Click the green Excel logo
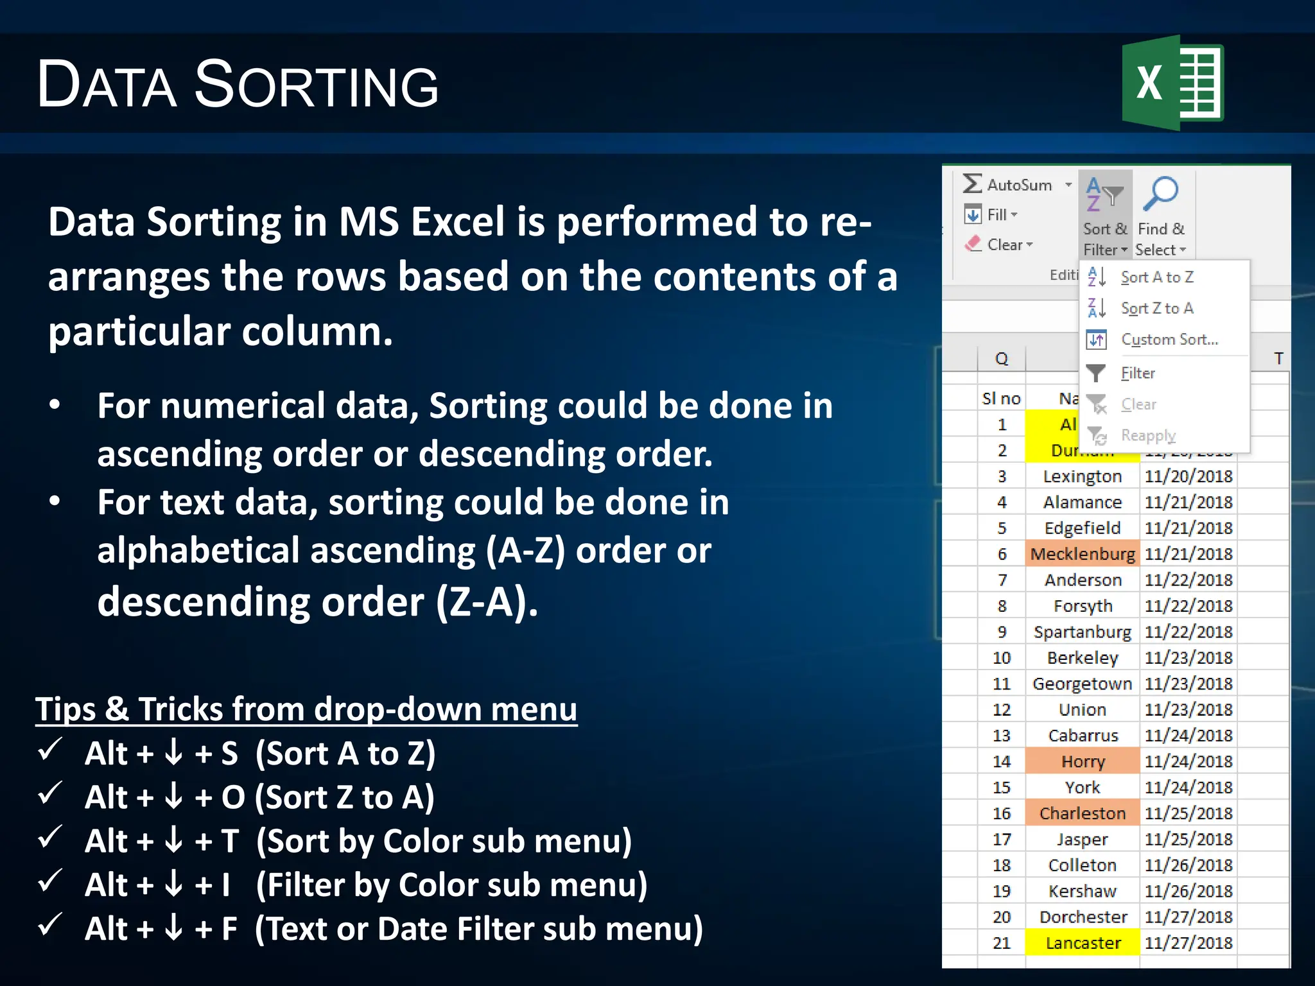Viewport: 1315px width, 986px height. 1172,83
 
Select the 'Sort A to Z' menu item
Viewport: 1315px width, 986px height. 1156,277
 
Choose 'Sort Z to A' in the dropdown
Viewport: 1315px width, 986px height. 1156,308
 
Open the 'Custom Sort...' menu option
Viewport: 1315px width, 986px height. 1169,340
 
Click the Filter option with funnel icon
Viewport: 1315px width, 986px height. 1136,373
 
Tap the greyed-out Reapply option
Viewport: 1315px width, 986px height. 1147,435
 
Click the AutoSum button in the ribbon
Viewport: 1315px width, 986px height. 1018,185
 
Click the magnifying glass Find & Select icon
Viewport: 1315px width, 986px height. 1161,193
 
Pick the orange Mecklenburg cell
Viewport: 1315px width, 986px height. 1083,554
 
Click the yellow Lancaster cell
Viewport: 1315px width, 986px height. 1083,943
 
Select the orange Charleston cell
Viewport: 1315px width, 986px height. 1083,813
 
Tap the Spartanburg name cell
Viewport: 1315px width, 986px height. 1083,632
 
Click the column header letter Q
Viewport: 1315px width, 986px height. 1002,358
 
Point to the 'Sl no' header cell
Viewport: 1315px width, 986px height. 1001,399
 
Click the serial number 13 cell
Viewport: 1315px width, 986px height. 1001,736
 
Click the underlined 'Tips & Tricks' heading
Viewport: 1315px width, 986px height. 306,709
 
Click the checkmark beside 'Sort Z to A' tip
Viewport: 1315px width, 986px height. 49,793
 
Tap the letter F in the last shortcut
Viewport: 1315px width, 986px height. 229,929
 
